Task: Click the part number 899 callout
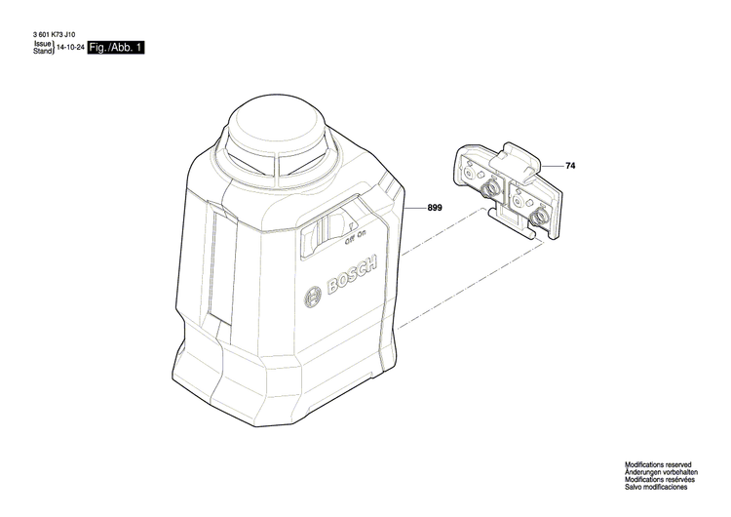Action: (436, 208)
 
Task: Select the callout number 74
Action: (570, 167)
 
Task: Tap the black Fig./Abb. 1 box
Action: (116, 48)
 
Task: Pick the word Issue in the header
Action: (43, 44)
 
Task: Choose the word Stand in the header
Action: (43, 52)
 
